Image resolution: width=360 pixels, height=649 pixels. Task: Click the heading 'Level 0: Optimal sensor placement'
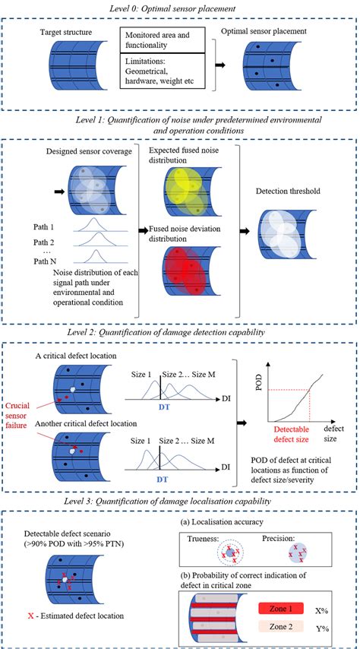point(179,8)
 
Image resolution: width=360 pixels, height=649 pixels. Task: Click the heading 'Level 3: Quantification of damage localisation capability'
point(179,502)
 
